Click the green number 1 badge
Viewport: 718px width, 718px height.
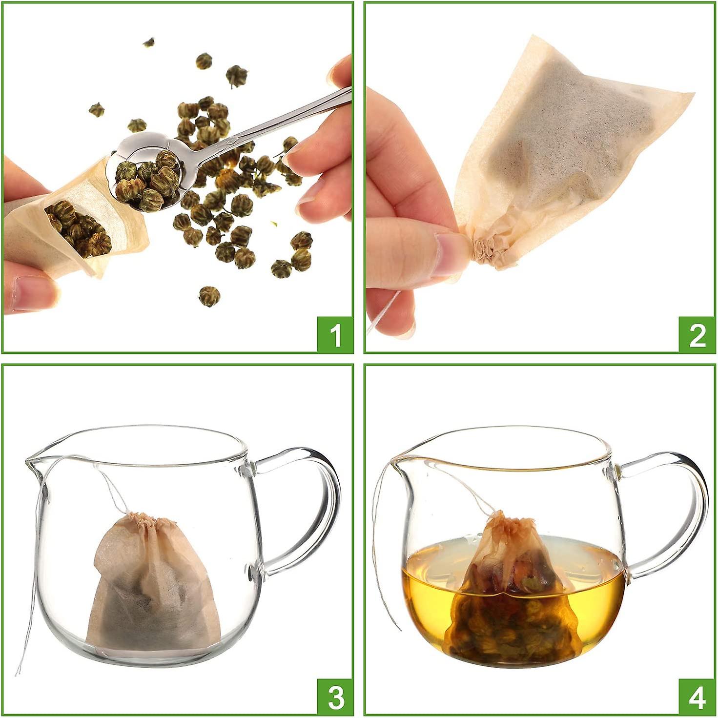point(334,335)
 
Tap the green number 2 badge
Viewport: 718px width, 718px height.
point(697,335)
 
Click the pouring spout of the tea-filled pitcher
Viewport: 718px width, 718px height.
point(398,461)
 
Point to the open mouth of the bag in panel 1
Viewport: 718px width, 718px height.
point(78,225)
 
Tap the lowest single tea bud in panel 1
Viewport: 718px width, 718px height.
point(209,296)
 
